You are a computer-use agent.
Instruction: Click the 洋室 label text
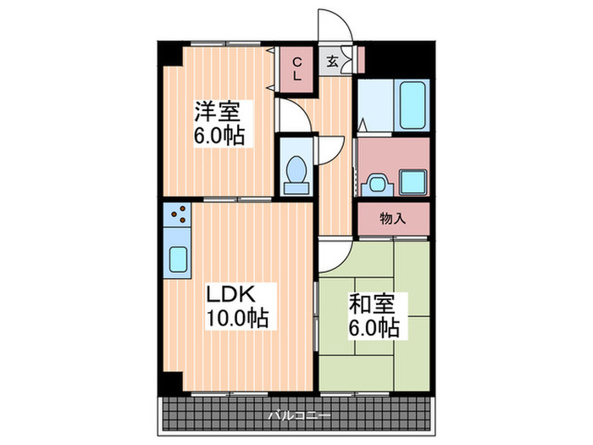[218, 111]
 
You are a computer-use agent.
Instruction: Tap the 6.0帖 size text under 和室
[373, 325]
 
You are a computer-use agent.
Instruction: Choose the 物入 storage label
[392, 219]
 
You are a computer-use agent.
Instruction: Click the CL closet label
[297, 69]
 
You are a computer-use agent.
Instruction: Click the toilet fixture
[296, 173]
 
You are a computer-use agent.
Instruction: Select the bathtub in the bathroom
[410, 105]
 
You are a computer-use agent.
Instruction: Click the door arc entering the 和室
[331, 252]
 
